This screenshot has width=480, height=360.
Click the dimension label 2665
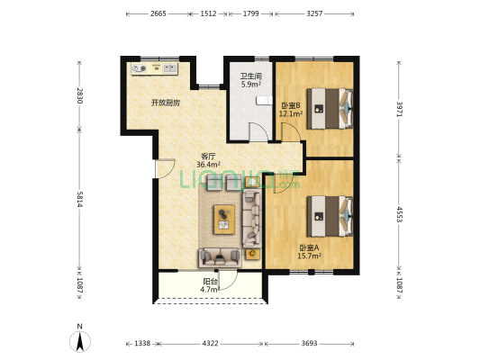(158, 13)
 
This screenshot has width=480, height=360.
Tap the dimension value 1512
(208, 13)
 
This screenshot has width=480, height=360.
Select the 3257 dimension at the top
(314, 13)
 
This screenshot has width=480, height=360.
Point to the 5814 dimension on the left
(79, 200)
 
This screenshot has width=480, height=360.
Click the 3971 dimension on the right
(399, 109)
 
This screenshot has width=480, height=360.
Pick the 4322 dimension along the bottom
(211, 344)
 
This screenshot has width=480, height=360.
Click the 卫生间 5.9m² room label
(251, 80)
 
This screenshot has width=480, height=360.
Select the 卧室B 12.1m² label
(291, 110)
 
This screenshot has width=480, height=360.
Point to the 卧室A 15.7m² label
(309, 251)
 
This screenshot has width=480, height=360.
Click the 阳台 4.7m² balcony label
(211, 285)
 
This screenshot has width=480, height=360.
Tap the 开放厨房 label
(166, 103)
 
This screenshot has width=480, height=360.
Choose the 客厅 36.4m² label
(208, 160)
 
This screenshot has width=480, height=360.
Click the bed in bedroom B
(330, 109)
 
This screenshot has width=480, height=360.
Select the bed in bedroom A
(330, 216)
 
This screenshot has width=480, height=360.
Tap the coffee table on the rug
(224, 220)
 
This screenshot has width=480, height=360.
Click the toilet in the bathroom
(264, 100)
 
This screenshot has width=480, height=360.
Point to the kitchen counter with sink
(155, 68)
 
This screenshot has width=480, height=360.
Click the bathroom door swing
(259, 131)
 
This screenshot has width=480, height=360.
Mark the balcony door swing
(228, 280)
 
